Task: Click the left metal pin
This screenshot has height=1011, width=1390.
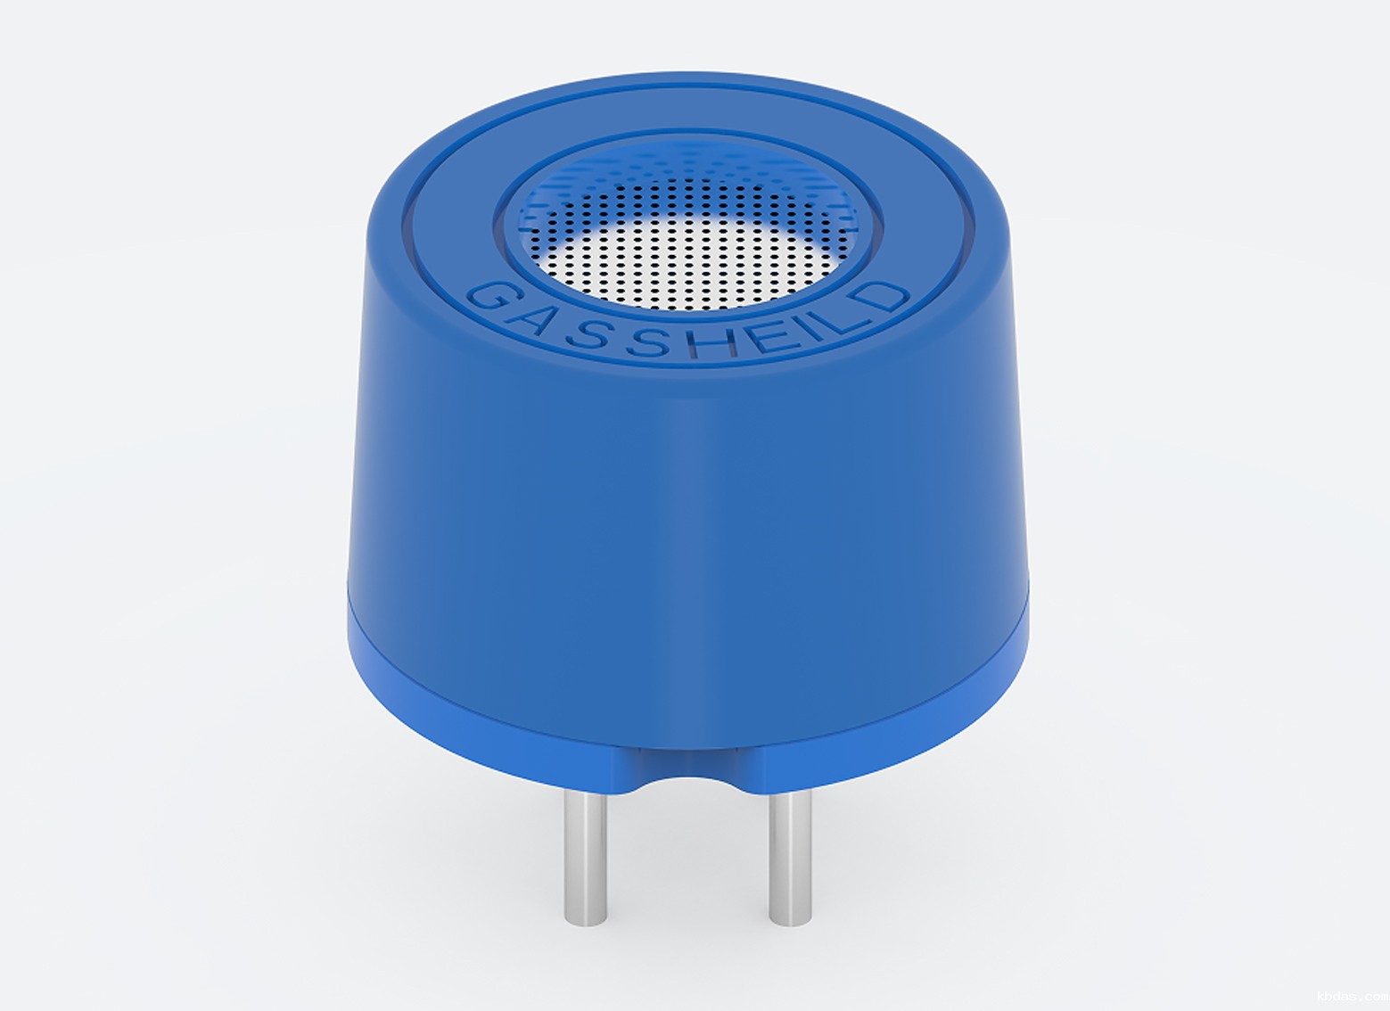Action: pos(586,859)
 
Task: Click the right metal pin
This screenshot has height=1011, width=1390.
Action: pos(790,859)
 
